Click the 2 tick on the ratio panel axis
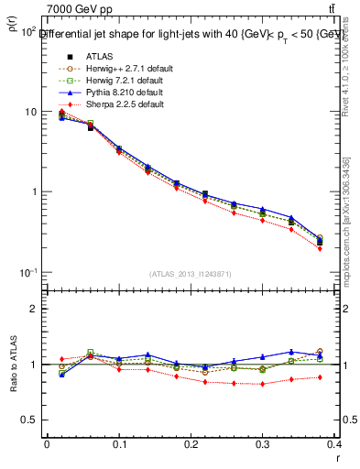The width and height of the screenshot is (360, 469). click(33, 309)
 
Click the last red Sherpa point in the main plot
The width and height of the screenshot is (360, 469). click(345, 248)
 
